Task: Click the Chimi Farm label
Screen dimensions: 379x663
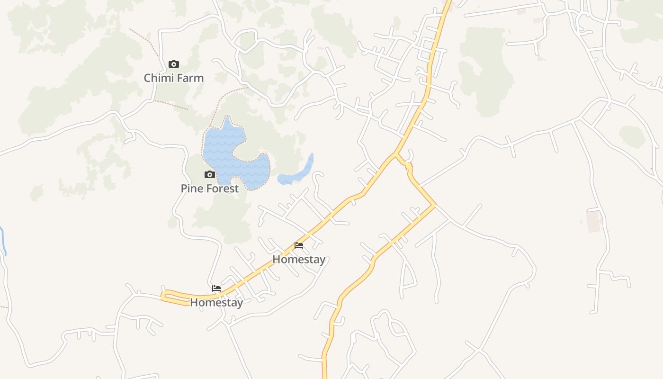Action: click(174, 78)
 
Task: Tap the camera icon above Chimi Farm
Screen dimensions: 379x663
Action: click(174, 64)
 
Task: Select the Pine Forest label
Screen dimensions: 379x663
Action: click(209, 188)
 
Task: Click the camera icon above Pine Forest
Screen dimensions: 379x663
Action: click(209, 175)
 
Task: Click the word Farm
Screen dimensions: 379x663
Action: click(190, 78)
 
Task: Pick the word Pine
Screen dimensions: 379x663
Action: click(192, 188)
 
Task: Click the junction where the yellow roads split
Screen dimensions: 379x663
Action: click(395, 154)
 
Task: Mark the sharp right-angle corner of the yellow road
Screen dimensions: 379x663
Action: click(435, 205)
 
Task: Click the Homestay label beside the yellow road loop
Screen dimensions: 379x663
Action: click(216, 302)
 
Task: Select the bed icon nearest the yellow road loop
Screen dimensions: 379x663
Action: click(216, 288)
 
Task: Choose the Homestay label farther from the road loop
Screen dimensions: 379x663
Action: click(299, 259)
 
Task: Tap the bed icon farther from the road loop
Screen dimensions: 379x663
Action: click(299, 245)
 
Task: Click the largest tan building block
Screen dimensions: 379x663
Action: click(593, 221)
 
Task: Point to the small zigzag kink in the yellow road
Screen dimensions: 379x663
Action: click(408, 167)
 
